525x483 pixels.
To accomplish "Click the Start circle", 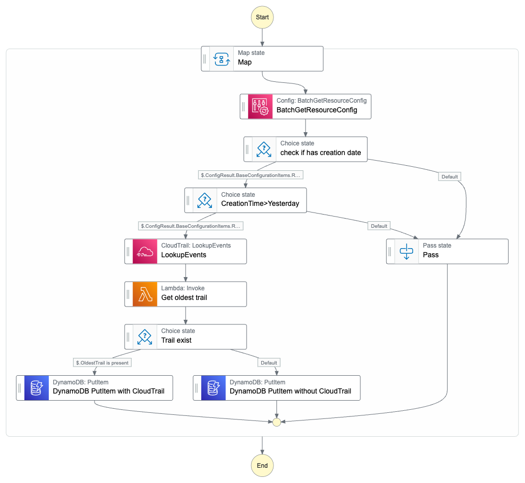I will click(262, 17).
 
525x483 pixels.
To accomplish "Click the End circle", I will click(262, 465).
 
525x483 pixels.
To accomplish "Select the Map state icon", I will click(222, 58).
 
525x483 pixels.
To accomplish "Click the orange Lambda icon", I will click(145, 294).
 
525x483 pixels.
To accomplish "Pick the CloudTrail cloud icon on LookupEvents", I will click(145, 251).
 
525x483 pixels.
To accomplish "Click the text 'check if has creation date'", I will click(320, 153).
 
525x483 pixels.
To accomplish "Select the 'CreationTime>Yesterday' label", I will click(260, 203).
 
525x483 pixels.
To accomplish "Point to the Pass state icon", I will click(407, 251).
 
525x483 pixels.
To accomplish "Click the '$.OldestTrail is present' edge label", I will click(103, 363).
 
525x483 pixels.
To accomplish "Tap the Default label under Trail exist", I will click(268, 363).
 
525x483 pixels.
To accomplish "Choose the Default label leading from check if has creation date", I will click(449, 176).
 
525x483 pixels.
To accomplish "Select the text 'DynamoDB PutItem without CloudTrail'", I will click(290, 391).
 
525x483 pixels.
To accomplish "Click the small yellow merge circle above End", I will click(276, 422).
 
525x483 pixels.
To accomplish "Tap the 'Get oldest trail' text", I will click(184, 297).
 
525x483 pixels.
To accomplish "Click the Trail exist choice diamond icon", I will click(145, 337).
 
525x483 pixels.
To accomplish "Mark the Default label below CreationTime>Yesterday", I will click(379, 226).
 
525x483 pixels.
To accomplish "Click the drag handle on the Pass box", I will click(390, 251).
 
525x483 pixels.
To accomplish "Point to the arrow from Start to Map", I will click(262, 37).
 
